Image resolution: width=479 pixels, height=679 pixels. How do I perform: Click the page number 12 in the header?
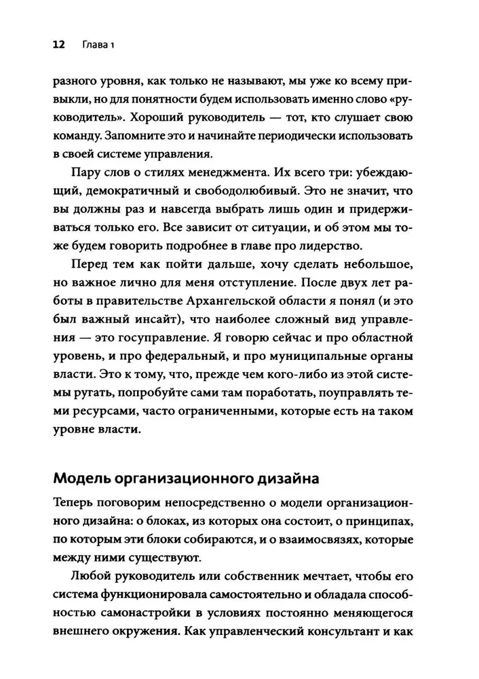coord(58,45)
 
